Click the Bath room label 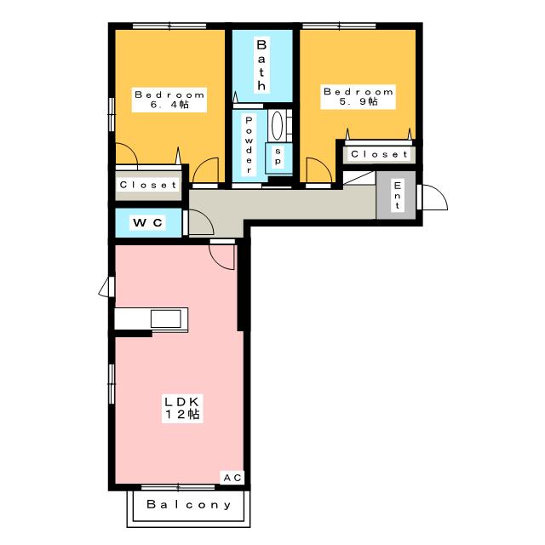click(x=261, y=65)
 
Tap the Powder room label click(x=249, y=145)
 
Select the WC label click(x=147, y=222)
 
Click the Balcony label click(x=189, y=504)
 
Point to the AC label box click(x=232, y=478)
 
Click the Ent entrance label click(x=398, y=195)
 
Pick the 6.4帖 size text click(x=169, y=104)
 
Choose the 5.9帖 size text click(x=359, y=101)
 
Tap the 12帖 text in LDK click(x=182, y=415)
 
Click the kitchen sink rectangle click(x=166, y=318)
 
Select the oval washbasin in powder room click(x=277, y=126)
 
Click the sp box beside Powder click(x=278, y=158)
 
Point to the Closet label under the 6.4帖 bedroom click(x=148, y=185)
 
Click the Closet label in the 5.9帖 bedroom click(x=379, y=154)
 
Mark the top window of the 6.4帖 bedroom click(x=169, y=26)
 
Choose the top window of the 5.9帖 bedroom click(x=339, y=26)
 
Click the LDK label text click(x=181, y=402)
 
